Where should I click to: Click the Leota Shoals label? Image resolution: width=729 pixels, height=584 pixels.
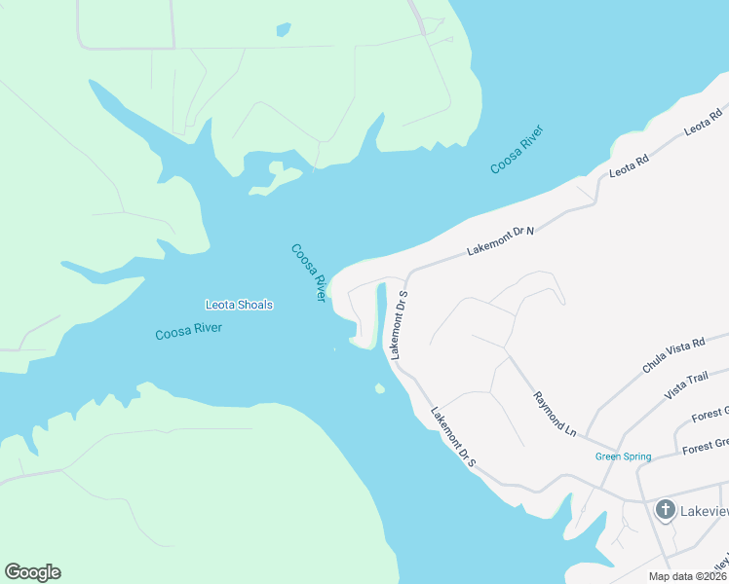[239, 305]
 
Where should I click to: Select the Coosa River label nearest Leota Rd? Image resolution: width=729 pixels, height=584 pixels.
[517, 150]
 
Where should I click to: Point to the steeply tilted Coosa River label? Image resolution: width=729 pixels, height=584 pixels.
[308, 273]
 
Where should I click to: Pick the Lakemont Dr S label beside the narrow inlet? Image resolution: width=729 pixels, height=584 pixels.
[398, 324]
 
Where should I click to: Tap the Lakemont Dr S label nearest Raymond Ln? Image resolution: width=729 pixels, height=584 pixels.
[453, 436]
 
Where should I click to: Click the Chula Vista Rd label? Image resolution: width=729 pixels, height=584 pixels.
[672, 357]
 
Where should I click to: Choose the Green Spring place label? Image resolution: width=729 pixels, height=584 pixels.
[622, 456]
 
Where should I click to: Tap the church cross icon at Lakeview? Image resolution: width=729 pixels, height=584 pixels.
[666, 509]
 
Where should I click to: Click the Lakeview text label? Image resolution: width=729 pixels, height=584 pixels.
[704, 509]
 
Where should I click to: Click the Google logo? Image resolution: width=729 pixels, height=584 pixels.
[32, 572]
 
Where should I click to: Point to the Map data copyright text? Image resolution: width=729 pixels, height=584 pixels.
[687, 576]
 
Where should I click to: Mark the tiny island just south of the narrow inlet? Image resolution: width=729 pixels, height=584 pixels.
[379, 389]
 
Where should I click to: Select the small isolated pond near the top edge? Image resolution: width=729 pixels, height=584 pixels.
[283, 30]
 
